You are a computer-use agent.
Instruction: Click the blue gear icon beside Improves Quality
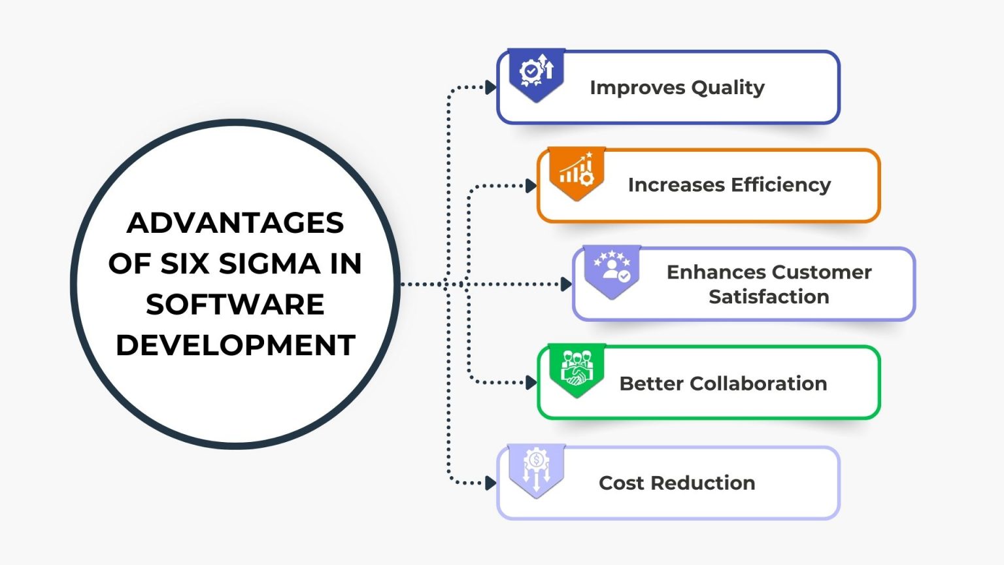click(536, 71)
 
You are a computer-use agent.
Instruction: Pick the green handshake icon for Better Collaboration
click(577, 368)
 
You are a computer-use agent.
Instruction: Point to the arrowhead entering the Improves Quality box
click(490, 87)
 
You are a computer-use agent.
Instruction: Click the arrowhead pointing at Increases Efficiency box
click(531, 186)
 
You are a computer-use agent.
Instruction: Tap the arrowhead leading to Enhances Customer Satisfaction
click(566, 284)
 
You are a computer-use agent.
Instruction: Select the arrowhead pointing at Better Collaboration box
click(531, 383)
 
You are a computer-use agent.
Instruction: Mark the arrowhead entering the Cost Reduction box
click(490, 483)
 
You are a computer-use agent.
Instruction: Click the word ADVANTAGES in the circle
click(235, 223)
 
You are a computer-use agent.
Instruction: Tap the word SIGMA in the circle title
click(269, 264)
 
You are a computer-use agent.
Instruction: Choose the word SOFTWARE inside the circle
click(235, 305)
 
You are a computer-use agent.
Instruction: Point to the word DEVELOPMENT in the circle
click(235, 345)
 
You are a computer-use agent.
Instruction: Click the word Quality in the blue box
click(728, 88)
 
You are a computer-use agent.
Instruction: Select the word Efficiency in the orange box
click(780, 185)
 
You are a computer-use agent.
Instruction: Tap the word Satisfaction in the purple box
click(769, 297)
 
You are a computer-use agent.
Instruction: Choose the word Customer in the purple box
click(820, 272)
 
